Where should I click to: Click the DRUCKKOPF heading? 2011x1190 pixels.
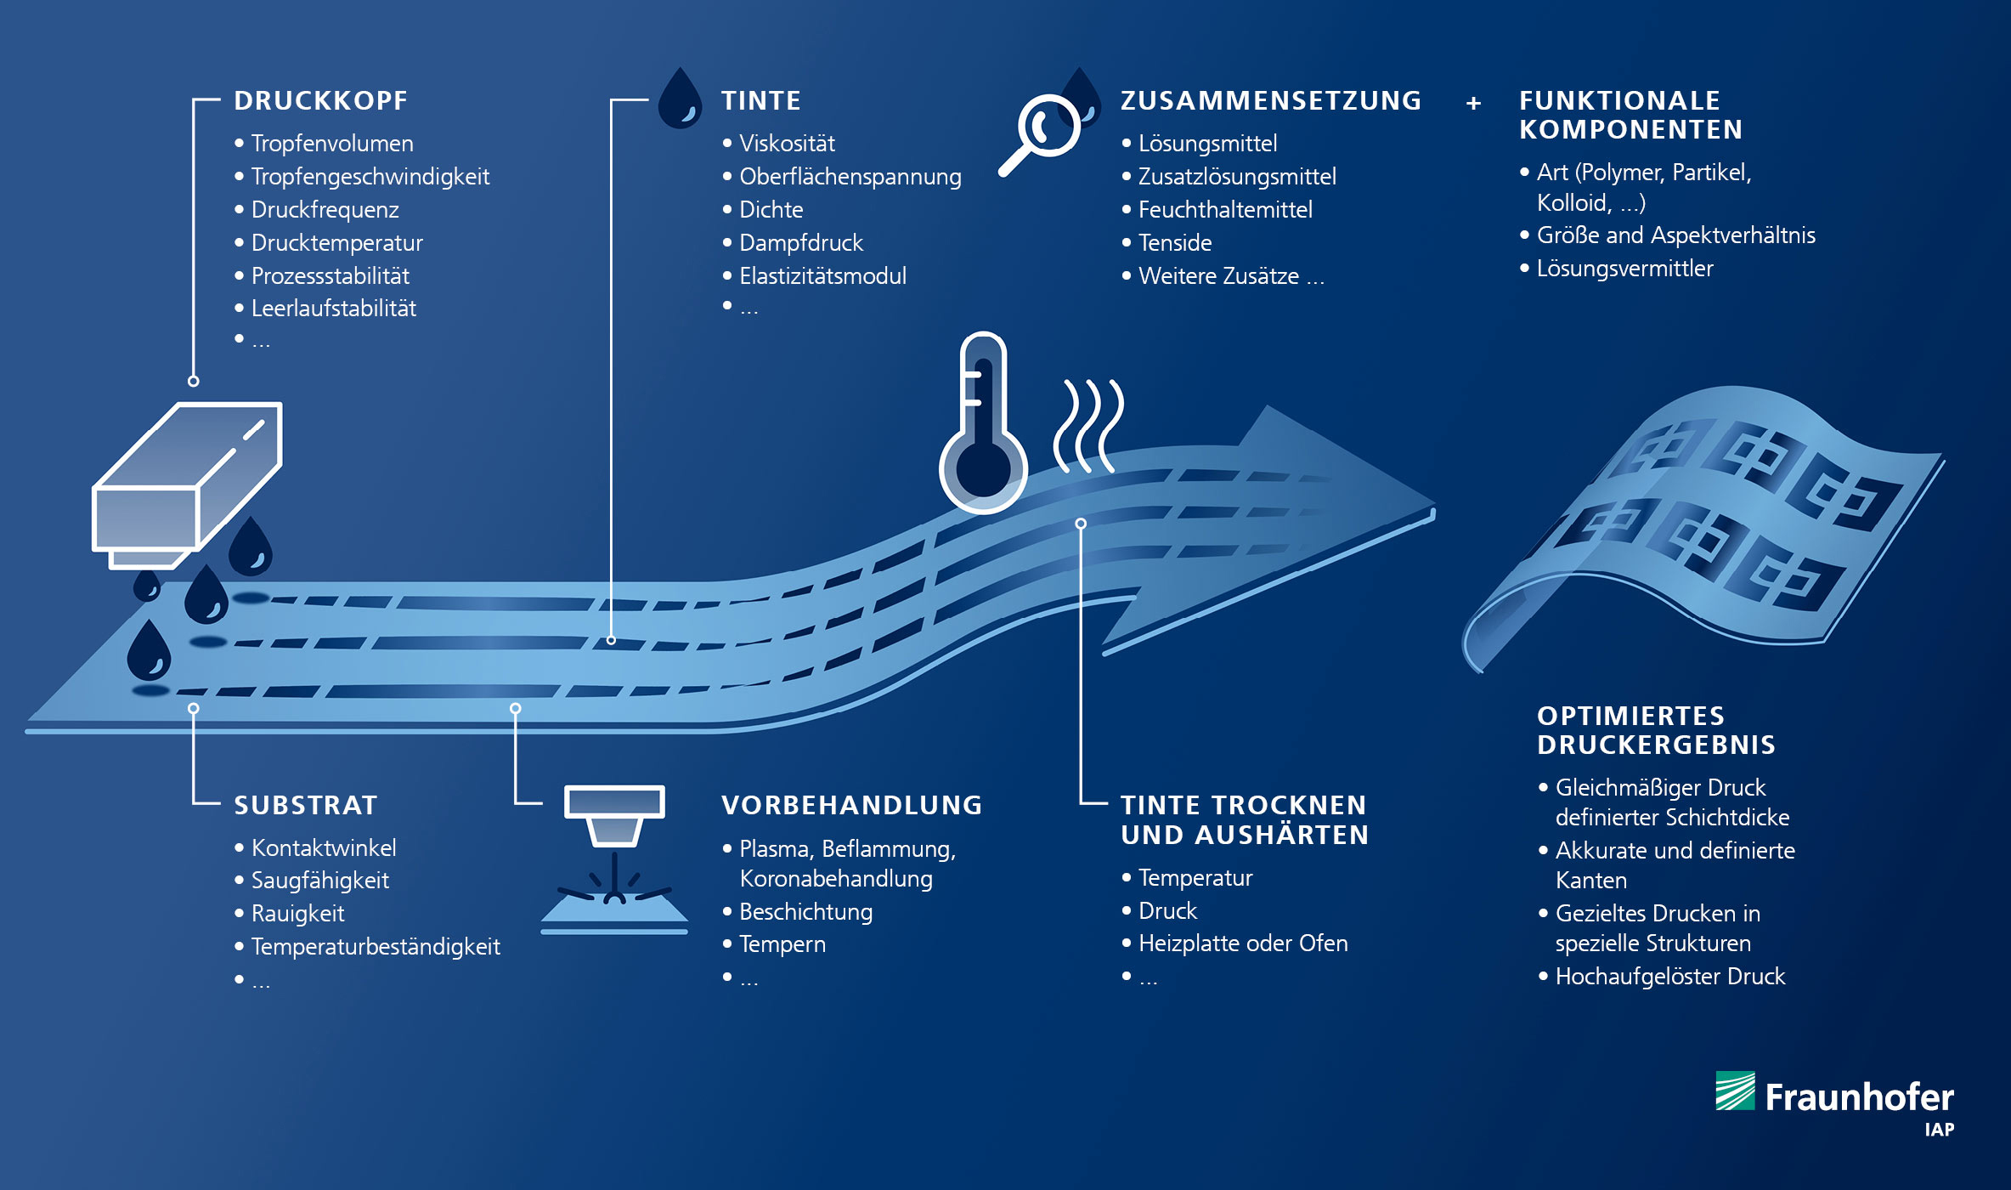[320, 100]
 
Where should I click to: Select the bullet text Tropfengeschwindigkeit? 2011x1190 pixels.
[370, 176]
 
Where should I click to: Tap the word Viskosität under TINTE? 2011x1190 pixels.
[787, 143]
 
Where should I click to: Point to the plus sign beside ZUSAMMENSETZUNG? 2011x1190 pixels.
[1473, 103]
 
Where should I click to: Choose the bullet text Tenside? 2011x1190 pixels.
[1175, 242]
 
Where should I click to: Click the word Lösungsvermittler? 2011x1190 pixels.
[1624, 268]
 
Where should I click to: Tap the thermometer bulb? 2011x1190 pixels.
[983, 469]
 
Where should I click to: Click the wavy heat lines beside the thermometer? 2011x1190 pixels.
[1088, 426]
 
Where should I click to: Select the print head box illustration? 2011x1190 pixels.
[187, 484]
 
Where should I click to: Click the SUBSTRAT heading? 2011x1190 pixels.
[305, 805]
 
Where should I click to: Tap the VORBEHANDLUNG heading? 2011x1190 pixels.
[851, 805]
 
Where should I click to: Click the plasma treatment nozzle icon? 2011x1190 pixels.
[614, 858]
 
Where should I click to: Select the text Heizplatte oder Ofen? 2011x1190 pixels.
[1243, 943]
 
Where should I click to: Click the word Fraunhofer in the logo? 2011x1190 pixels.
[1859, 1096]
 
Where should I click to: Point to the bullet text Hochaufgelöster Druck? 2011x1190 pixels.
[1669, 976]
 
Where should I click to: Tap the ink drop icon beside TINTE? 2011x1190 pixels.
[680, 99]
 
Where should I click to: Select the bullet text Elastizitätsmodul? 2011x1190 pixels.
[822, 275]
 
